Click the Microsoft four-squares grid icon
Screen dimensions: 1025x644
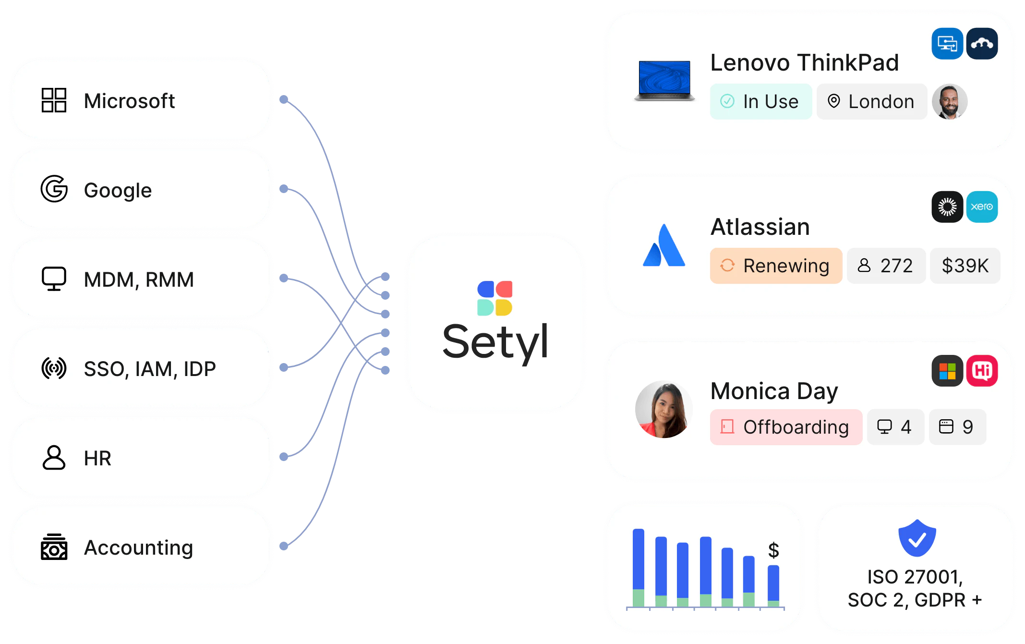pos(54,100)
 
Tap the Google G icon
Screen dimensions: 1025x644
pos(54,189)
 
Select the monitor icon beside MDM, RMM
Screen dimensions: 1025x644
pos(54,279)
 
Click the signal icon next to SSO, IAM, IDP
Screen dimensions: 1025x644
pos(54,368)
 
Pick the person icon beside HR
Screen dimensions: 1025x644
pos(54,457)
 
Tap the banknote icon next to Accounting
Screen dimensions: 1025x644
pos(54,547)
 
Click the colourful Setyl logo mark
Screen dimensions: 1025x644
pos(494,298)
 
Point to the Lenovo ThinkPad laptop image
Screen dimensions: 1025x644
pos(664,81)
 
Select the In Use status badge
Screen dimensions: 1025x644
pos(761,101)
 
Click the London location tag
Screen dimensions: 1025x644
pos(871,101)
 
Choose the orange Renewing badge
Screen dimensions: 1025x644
pos(776,266)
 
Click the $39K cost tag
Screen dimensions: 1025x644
pos(965,266)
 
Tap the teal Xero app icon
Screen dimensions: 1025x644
pos(982,207)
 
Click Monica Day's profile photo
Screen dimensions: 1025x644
pos(663,409)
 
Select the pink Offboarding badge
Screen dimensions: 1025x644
pos(786,427)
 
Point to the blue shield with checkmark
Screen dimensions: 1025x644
pos(917,538)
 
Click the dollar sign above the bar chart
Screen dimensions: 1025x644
pos(773,550)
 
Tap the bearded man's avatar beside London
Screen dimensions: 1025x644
pos(950,101)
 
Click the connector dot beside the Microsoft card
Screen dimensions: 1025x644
pos(284,99)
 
